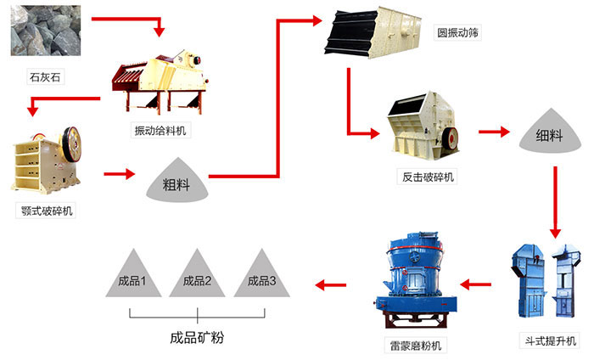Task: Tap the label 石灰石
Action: coord(43,79)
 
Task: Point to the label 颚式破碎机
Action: coord(47,210)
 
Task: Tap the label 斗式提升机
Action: coord(548,340)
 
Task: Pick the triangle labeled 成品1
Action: coord(133,276)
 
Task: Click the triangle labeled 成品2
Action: coord(197,276)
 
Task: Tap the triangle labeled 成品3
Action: coord(261,276)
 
